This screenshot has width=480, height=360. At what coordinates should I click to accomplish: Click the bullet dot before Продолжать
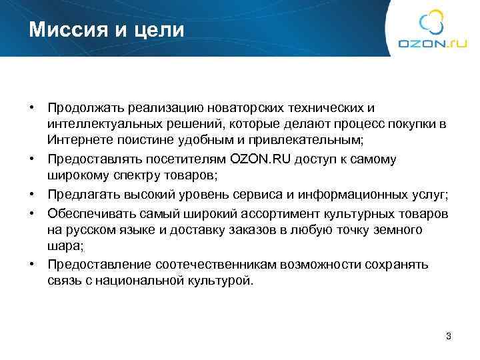click(31, 107)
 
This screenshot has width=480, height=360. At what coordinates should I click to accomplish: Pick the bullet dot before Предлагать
click(31, 194)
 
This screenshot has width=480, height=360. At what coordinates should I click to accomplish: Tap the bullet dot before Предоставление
click(31, 263)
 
